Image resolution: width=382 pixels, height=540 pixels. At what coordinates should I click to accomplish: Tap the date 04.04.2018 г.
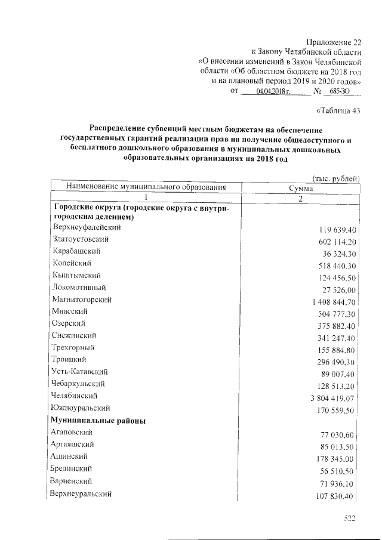pos(272,91)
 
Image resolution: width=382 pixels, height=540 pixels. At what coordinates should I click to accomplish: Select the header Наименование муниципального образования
pos(146,187)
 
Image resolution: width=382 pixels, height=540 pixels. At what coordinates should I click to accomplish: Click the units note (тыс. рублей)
pos(336,178)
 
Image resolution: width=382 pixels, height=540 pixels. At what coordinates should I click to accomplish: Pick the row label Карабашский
pos(76,251)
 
